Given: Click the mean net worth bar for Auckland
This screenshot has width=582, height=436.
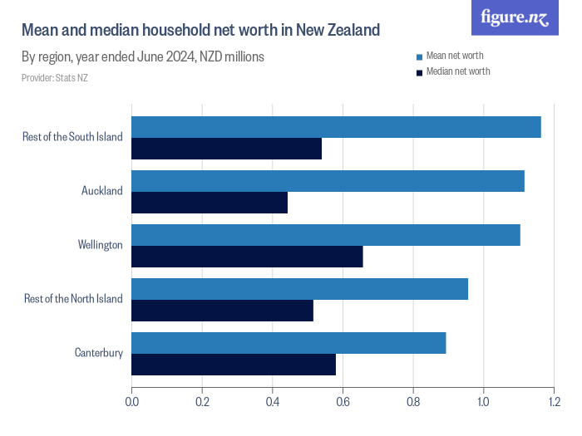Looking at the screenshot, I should (328, 181).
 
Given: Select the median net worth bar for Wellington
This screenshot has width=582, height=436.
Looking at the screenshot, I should (247, 257).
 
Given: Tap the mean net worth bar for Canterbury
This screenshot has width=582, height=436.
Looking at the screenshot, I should (289, 343).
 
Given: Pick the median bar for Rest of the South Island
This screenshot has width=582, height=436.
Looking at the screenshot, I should (226, 149).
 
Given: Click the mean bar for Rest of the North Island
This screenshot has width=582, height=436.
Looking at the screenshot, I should (299, 289).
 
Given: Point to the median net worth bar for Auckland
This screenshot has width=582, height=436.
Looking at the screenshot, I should (210, 203).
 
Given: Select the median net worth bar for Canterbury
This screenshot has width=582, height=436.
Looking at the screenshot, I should (234, 365).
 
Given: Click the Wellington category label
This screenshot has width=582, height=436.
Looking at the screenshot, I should (100, 245).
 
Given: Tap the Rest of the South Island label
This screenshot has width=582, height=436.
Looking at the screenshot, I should (72, 137).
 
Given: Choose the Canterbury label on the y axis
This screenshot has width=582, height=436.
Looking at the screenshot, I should (98, 353).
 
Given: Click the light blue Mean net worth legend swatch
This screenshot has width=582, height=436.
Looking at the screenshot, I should (419, 56).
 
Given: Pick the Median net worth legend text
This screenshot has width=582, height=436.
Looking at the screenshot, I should (458, 71).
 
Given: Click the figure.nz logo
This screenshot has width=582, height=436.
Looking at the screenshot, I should (515, 17).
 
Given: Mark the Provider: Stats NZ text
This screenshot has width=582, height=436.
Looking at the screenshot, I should (55, 78).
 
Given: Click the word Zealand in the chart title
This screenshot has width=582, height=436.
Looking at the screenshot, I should (352, 31).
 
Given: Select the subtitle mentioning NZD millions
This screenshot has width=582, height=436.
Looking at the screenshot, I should (142, 57).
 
